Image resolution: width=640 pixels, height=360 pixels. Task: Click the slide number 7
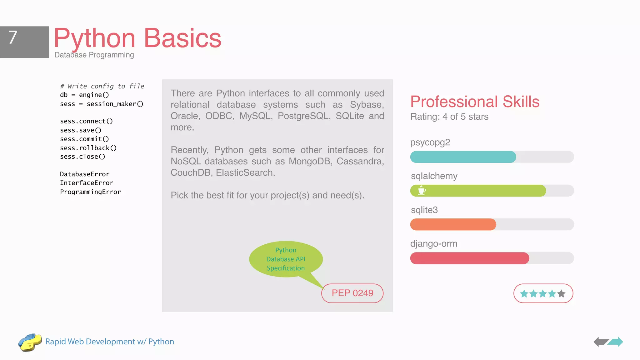click(x=13, y=38)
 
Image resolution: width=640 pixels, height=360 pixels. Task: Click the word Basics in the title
click(x=182, y=38)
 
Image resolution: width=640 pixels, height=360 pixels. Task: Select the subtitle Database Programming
click(x=94, y=55)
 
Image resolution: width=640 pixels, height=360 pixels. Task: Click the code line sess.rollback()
click(x=88, y=148)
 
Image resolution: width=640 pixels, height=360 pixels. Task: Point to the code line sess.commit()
click(x=84, y=139)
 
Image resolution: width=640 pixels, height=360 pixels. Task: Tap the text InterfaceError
click(x=87, y=183)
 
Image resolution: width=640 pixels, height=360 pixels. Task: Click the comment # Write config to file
click(x=102, y=86)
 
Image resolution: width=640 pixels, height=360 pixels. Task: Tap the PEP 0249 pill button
click(x=352, y=293)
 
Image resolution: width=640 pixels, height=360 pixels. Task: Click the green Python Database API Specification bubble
click(x=286, y=259)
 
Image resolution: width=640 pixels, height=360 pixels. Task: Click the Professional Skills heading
click(x=475, y=102)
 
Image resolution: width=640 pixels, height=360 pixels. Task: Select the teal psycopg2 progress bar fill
click(x=463, y=157)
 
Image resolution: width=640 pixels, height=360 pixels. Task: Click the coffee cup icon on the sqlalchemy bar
click(x=422, y=190)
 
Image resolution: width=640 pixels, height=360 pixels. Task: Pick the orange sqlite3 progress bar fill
click(x=453, y=224)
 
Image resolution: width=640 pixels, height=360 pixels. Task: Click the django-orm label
click(x=434, y=244)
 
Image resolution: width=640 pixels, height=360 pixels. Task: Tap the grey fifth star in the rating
click(x=561, y=294)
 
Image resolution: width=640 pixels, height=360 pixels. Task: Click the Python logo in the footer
click(x=30, y=342)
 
